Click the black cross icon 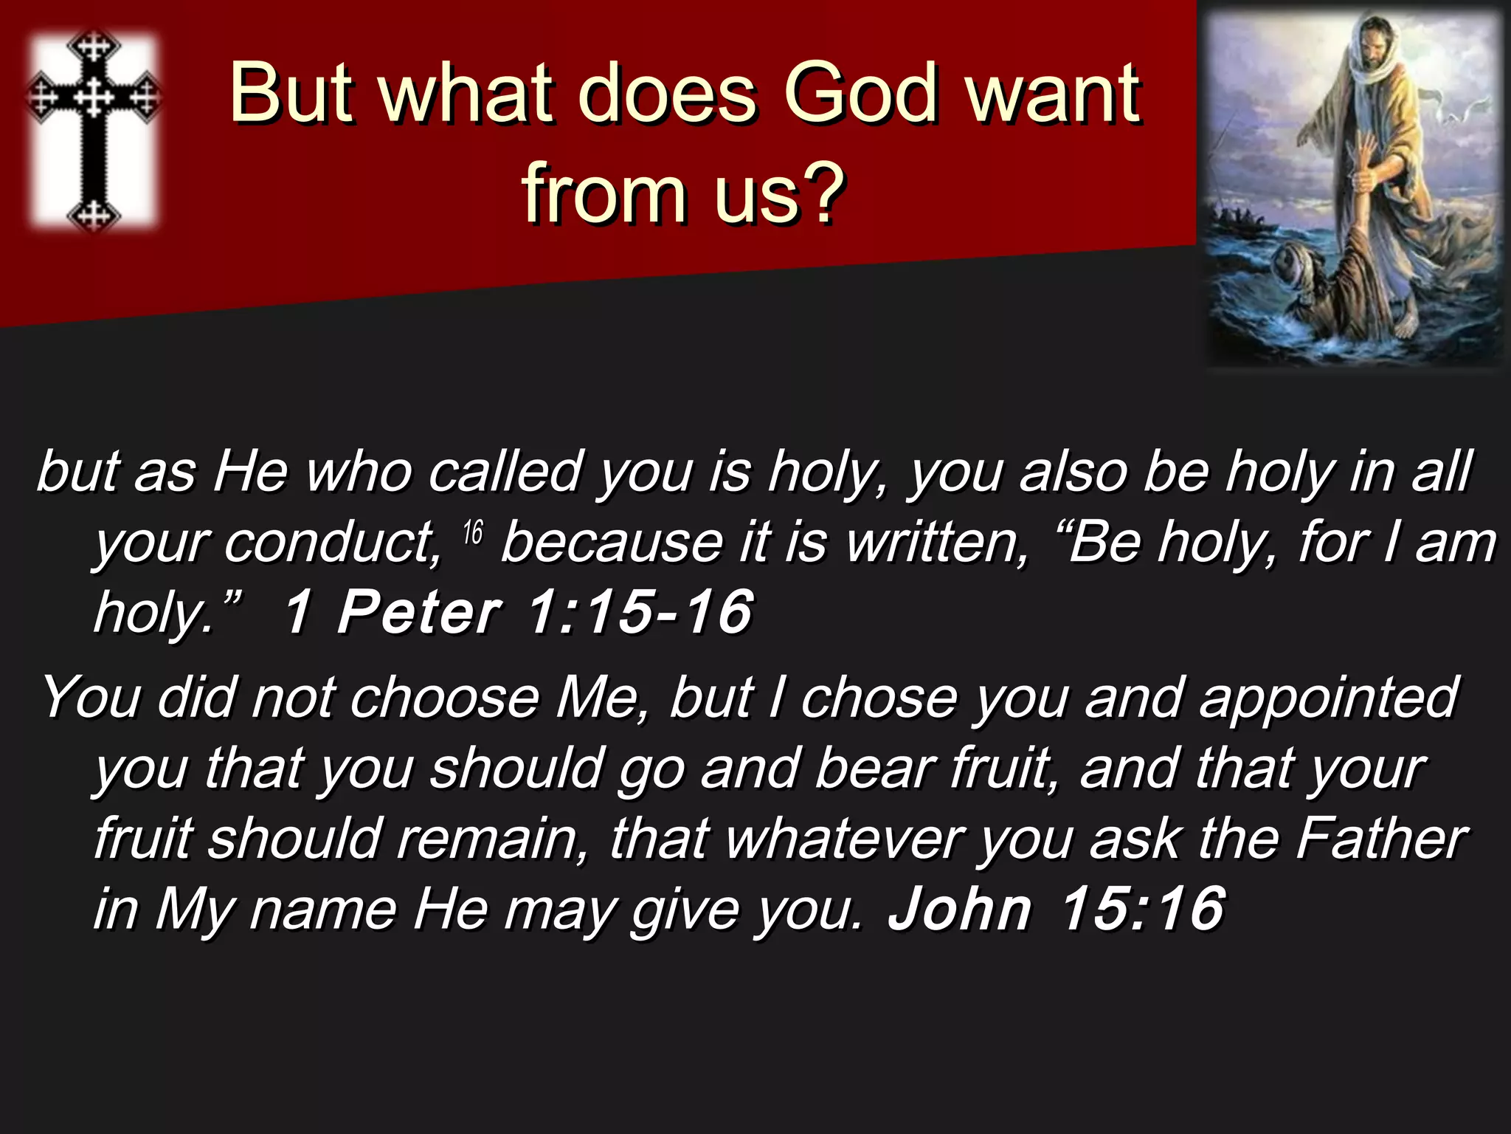[93, 130]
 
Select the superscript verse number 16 [473, 532]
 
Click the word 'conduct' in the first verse [332, 543]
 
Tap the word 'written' [937, 543]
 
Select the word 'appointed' [1328, 697]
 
